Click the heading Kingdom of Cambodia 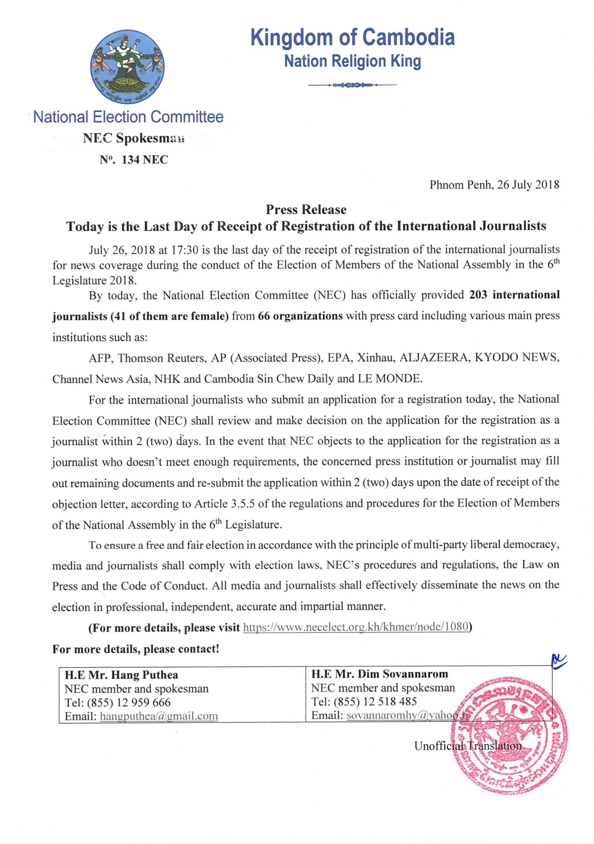tap(353, 38)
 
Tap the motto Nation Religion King tap(353, 62)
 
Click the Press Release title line tap(306, 210)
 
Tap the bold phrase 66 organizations tap(300, 316)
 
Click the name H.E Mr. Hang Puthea tap(121, 675)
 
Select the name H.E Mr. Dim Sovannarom tap(379, 674)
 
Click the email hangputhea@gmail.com tap(159, 716)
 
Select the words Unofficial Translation tap(468, 746)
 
